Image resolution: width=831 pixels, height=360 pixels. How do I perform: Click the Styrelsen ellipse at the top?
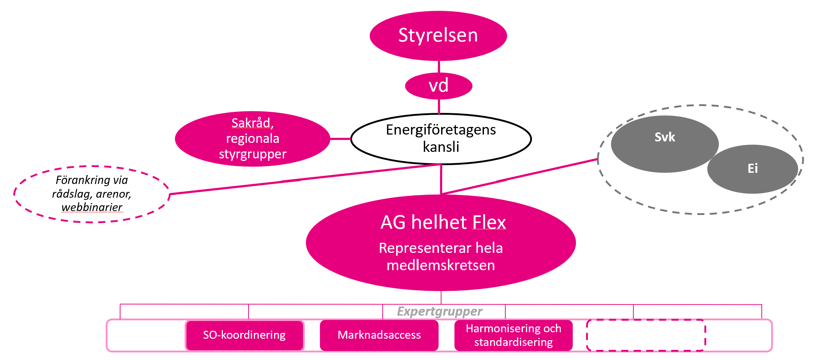click(x=438, y=36)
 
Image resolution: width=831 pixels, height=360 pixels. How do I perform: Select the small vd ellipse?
click(x=439, y=86)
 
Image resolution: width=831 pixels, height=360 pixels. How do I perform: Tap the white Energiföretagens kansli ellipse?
click(x=441, y=139)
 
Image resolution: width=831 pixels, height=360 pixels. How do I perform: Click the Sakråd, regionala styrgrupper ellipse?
click(x=252, y=139)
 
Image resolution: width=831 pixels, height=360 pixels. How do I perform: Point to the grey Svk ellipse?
click(x=664, y=144)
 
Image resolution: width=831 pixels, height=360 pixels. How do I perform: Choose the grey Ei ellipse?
click(x=753, y=169)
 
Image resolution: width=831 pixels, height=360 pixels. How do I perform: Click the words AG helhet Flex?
click(x=443, y=222)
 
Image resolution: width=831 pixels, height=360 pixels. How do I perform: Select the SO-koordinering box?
click(x=244, y=335)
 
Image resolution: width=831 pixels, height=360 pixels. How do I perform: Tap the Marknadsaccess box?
click(x=379, y=335)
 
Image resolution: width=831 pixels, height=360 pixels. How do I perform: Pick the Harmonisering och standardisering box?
click(x=513, y=335)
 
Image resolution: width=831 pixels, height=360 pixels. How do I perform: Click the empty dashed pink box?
click(x=646, y=335)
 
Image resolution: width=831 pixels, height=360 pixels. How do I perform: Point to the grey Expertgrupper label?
click(x=439, y=311)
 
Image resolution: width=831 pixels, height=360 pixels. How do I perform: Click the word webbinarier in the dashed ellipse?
click(x=92, y=207)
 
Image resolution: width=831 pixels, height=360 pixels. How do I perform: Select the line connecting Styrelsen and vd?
click(x=439, y=67)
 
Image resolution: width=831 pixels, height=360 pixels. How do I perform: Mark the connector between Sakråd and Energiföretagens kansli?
click(x=340, y=139)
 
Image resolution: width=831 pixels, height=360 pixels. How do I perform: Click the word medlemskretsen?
click(x=441, y=265)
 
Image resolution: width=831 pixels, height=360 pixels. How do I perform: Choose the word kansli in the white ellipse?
click(x=441, y=147)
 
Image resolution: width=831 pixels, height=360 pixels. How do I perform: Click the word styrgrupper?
click(x=252, y=154)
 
